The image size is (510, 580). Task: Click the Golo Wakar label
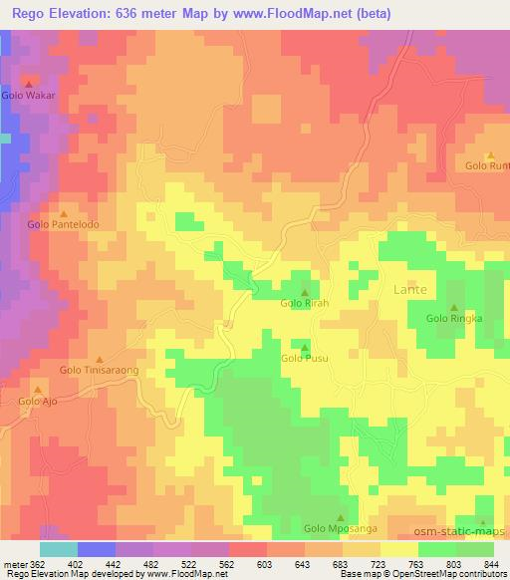tap(28, 97)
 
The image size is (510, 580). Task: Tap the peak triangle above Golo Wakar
tap(28, 84)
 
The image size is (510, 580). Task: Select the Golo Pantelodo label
tap(64, 225)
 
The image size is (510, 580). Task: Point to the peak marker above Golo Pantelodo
tap(65, 212)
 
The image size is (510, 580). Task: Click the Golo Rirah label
tap(304, 303)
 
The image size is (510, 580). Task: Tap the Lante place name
tap(409, 289)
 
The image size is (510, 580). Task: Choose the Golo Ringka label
tap(454, 319)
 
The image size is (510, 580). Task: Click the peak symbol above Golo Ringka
tap(454, 307)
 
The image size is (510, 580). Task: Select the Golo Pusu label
tap(304, 358)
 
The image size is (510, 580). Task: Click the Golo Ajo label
tap(38, 402)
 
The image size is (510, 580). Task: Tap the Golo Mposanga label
tap(340, 528)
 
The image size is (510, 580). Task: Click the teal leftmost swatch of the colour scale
tap(59, 549)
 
